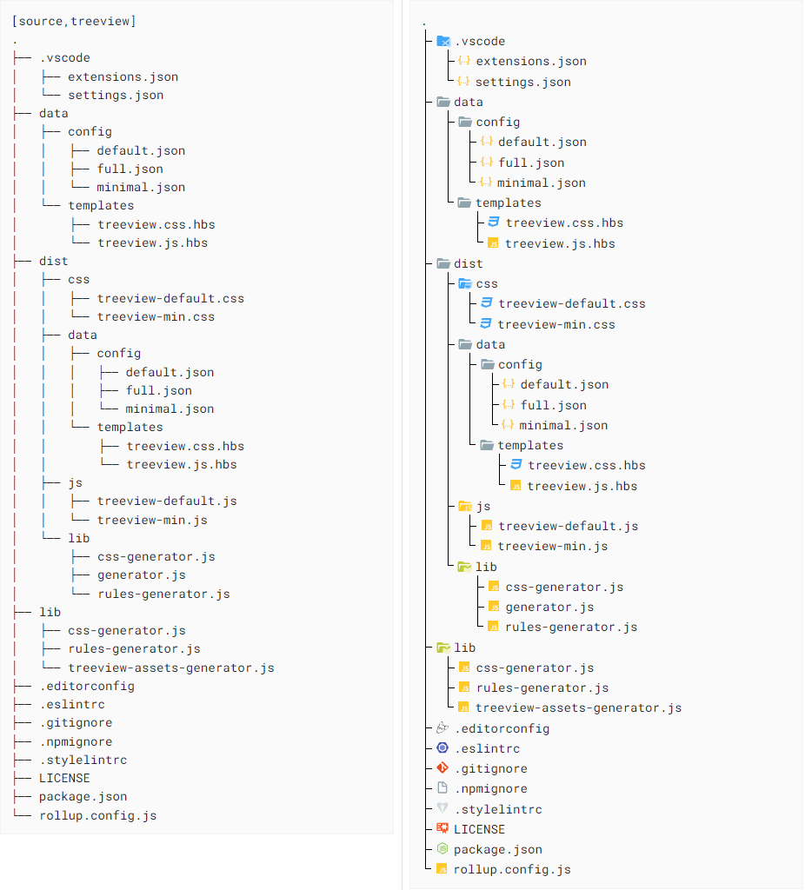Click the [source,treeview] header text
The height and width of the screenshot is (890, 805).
(74, 21)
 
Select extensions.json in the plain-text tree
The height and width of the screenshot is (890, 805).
(123, 76)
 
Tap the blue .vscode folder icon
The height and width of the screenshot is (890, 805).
(443, 41)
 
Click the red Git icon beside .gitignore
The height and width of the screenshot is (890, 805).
(442, 768)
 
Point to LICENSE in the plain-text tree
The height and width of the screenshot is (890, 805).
(64, 778)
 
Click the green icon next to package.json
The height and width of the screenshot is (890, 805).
(442, 849)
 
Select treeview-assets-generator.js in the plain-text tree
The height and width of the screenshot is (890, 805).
(170, 667)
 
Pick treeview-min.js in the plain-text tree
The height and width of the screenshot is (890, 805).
(152, 520)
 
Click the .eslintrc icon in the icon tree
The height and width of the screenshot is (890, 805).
(442, 748)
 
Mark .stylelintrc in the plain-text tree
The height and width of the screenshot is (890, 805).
(83, 760)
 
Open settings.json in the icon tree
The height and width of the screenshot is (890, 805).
(522, 82)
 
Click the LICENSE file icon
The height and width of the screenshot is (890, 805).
(442, 829)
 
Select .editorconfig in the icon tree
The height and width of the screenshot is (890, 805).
(502, 728)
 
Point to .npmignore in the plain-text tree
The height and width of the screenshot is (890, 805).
(76, 741)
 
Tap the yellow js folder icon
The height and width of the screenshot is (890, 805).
(465, 506)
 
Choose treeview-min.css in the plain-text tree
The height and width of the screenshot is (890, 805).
(156, 316)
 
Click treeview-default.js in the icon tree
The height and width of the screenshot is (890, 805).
(568, 526)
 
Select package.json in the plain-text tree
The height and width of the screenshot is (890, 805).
(83, 796)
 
